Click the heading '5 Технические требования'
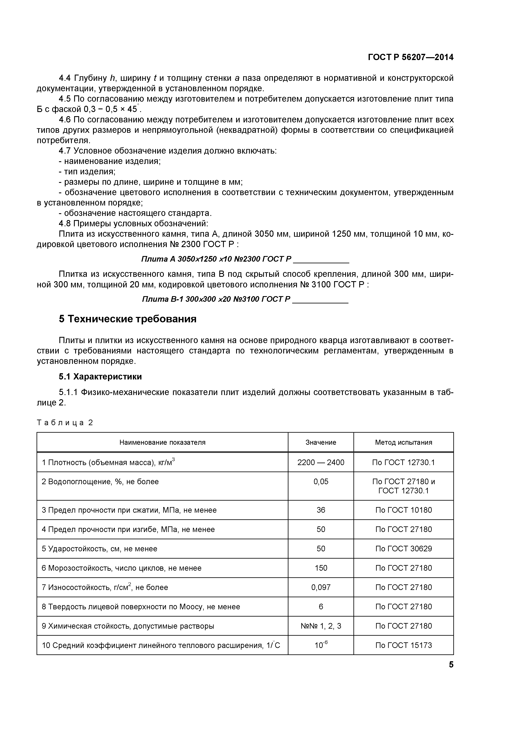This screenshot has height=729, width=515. tap(128, 319)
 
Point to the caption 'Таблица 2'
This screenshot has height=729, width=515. tap(65, 423)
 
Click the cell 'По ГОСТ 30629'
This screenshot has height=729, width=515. tap(403, 549)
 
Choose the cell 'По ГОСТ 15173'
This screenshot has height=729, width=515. tap(403, 645)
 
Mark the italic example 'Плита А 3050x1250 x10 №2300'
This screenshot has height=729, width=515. tap(216, 259)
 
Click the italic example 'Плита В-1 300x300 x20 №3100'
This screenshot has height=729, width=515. tap(216, 299)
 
